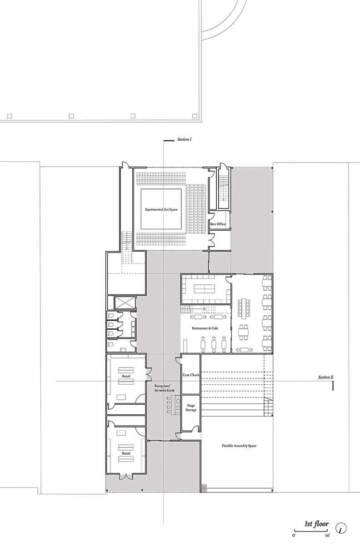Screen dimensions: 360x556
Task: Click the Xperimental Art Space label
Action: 161,209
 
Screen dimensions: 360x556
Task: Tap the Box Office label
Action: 218,224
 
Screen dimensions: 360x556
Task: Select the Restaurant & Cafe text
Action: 205,328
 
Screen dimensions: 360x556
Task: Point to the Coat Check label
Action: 191,375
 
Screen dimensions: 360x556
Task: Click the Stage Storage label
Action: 191,407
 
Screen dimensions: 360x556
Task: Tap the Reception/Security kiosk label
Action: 164,388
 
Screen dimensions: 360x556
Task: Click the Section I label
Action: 185,139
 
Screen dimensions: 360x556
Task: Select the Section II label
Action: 326,377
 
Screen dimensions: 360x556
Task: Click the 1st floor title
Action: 316,524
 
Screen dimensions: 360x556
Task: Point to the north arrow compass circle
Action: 341,528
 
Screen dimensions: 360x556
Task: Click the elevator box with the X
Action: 125,302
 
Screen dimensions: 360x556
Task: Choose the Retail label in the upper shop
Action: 126,376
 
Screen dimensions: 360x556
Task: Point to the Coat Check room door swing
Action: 178,360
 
